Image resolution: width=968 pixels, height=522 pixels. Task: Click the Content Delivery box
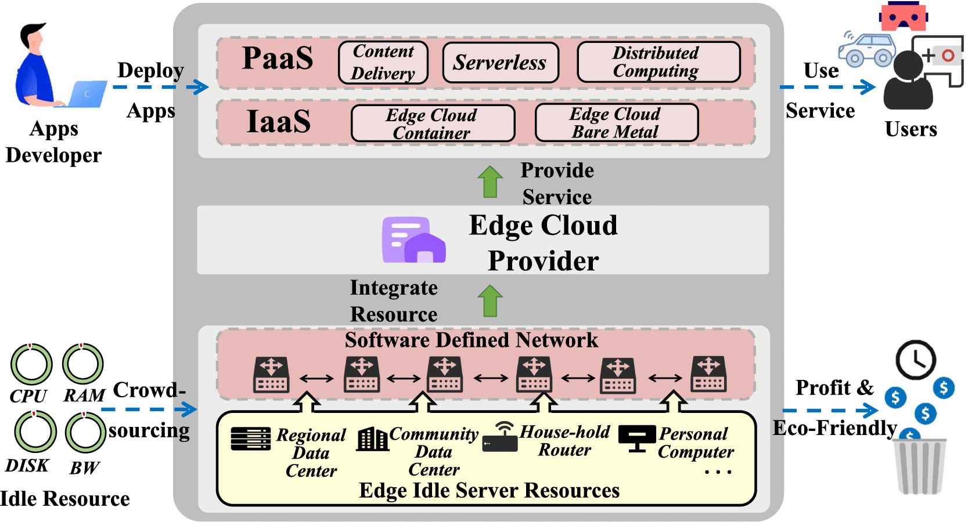click(x=383, y=63)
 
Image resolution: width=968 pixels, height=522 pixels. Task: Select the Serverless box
click(x=501, y=63)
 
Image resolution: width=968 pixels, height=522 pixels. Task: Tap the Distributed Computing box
click(x=658, y=62)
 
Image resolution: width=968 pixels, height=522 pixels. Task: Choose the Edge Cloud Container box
click(x=433, y=124)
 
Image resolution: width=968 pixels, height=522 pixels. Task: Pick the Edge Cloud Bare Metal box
click(x=616, y=123)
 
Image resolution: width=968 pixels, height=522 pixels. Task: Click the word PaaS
click(x=278, y=59)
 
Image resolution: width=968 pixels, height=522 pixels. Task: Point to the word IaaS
click(x=279, y=122)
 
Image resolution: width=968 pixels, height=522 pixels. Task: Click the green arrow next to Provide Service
click(x=490, y=182)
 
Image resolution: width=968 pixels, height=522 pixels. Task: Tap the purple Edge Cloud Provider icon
click(x=413, y=240)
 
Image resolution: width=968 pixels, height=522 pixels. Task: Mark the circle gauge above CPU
click(x=31, y=365)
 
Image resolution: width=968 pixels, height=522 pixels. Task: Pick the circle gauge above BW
click(x=85, y=433)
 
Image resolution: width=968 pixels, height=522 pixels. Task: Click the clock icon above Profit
click(x=916, y=360)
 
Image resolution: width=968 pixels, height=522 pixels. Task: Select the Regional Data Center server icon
click(x=250, y=439)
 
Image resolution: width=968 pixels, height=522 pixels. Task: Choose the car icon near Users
click(x=868, y=50)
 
